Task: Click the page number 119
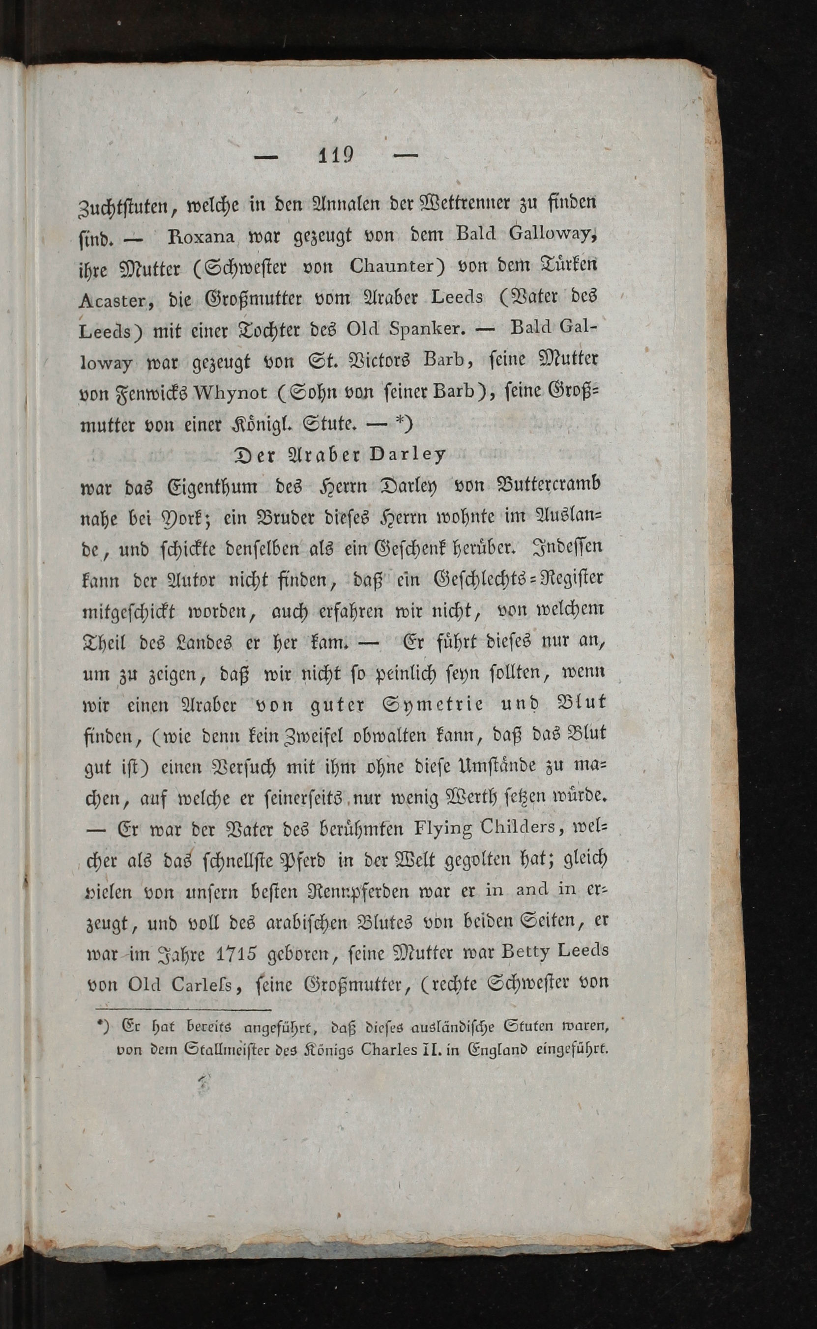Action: point(336,156)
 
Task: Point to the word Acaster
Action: point(113,300)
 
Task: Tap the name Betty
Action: point(525,951)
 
